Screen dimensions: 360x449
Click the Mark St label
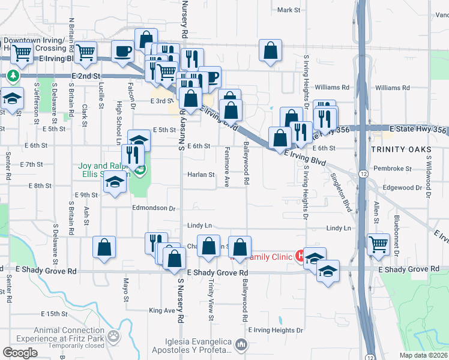tap(289, 10)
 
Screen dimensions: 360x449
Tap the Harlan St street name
tap(203, 175)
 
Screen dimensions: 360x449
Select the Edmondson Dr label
tap(154, 209)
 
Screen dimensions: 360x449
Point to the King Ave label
tap(161, 310)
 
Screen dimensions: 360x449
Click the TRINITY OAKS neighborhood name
tap(397, 149)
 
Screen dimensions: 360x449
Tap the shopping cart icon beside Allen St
tap(378, 244)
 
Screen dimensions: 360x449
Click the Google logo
tap(20, 353)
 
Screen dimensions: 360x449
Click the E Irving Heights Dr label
tap(275, 331)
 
